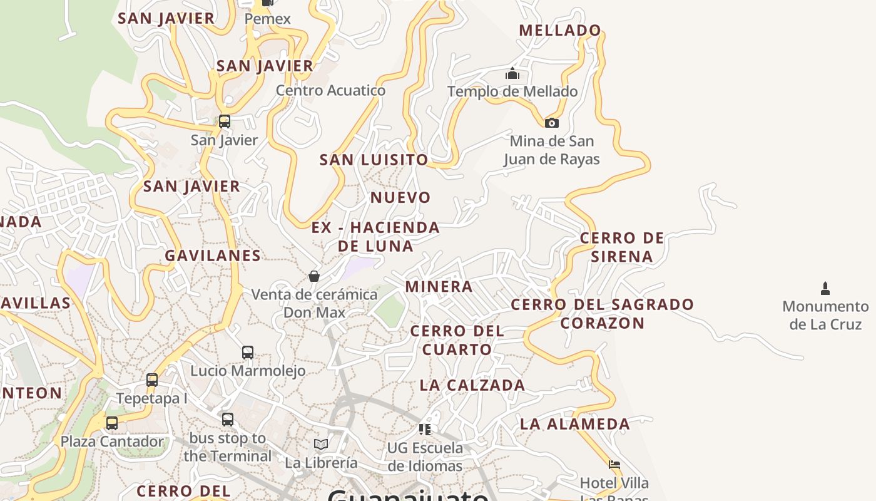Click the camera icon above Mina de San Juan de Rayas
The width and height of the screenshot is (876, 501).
pyautogui.click(x=551, y=123)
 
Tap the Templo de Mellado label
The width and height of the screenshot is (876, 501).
pyautogui.click(x=512, y=91)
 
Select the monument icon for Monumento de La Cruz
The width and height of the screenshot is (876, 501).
pyautogui.click(x=825, y=289)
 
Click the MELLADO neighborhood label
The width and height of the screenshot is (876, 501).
pyautogui.click(x=560, y=30)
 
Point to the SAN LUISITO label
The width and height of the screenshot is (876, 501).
pyautogui.click(x=374, y=160)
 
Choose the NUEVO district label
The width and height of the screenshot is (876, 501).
pyautogui.click(x=401, y=198)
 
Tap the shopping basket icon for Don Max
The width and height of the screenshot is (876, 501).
pyautogui.click(x=314, y=276)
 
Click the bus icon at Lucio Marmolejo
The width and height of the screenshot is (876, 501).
pyautogui.click(x=248, y=353)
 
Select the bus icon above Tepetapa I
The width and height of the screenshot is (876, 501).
pyautogui.click(x=152, y=380)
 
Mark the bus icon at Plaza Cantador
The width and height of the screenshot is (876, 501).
pyautogui.click(x=112, y=423)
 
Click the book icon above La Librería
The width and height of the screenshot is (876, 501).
pyautogui.click(x=321, y=444)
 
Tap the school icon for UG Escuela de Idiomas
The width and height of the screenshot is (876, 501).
pyautogui.click(x=425, y=429)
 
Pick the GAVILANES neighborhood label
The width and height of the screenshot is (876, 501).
pyautogui.click(x=213, y=256)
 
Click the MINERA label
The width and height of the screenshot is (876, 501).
pyautogui.click(x=439, y=287)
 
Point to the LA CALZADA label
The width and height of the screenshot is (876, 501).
pyautogui.click(x=472, y=385)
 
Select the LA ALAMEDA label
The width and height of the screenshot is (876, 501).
pyautogui.click(x=575, y=424)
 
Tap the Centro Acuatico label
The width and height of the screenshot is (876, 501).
pyautogui.click(x=331, y=90)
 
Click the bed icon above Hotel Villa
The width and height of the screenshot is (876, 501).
pyautogui.click(x=614, y=465)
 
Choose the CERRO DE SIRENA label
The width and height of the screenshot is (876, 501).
pyautogui.click(x=622, y=247)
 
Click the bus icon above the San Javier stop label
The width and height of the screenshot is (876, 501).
pyautogui.click(x=224, y=121)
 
